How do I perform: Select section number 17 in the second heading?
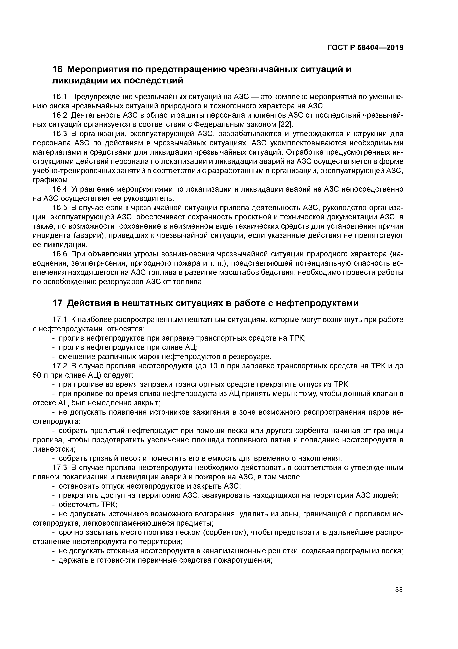(x=58, y=303)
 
